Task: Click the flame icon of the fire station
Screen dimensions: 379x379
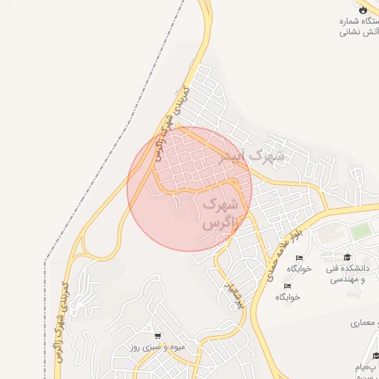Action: pos(362,10)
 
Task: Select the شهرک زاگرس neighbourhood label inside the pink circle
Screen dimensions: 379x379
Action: pos(219,212)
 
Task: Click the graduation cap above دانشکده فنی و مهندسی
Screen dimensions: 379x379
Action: pos(348,257)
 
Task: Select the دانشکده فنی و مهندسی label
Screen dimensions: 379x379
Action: pos(354,274)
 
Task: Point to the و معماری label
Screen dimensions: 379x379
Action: pos(366,323)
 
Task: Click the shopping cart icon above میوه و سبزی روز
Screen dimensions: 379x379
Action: pos(157,335)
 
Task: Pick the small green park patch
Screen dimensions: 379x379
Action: pos(360,232)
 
